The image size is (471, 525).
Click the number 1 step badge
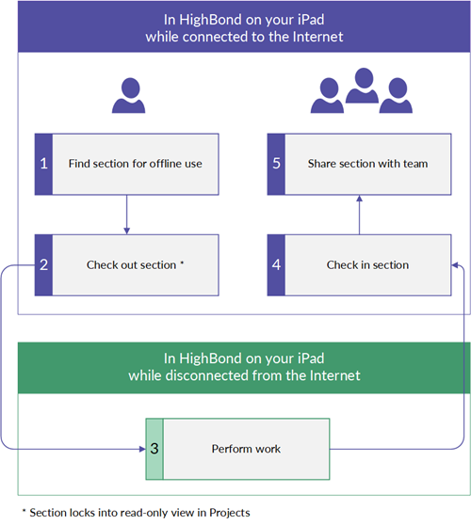[x=44, y=164]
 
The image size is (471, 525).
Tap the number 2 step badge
[x=44, y=264]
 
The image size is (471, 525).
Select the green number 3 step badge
[x=154, y=449]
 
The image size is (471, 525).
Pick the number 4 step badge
[x=276, y=264]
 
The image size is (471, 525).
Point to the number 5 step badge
[x=276, y=164]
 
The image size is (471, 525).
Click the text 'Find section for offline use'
[x=136, y=164]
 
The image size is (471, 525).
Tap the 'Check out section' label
[x=132, y=265]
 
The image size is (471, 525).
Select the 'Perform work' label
[x=246, y=449]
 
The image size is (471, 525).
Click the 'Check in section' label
[x=367, y=265]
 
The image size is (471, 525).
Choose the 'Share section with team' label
[x=367, y=164]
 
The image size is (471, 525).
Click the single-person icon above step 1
[x=129, y=95]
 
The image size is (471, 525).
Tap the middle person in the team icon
[x=363, y=85]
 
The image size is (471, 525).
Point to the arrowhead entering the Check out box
[x=127, y=231]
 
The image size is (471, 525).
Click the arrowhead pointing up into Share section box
[x=359, y=199]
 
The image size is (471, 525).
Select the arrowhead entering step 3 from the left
[x=142, y=449]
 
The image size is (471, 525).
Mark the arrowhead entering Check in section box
[x=455, y=265]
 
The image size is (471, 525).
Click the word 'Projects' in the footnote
[x=230, y=513]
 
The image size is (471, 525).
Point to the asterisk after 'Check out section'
[x=182, y=262]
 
